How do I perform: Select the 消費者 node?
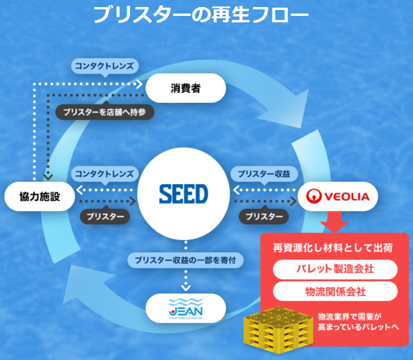[185, 88]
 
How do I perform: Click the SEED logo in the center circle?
[184, 194]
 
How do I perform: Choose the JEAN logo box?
[185, 308]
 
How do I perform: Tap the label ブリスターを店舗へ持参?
[105, 112]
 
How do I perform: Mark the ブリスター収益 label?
[264, 174]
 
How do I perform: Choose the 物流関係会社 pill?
[335, 291]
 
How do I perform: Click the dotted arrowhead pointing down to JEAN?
[185, 287]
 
